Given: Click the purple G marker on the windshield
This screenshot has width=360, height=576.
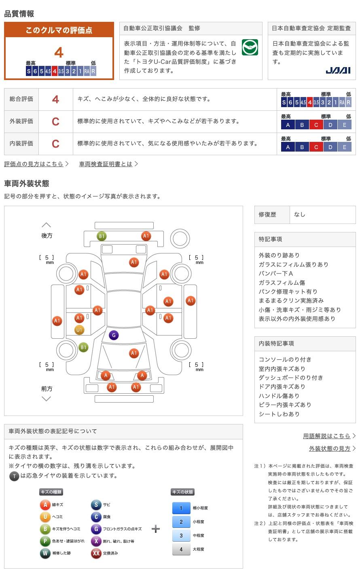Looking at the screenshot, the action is coord(114,335).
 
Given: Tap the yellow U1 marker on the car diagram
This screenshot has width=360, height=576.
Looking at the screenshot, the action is coord(79,330).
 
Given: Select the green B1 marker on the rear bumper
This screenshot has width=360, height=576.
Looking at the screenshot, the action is coord(102,236).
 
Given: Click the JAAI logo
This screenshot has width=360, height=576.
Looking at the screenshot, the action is coord(338,70).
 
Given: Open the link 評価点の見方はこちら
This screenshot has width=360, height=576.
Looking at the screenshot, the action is coord(34,164).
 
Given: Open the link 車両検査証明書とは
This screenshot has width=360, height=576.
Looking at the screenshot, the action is coord(106,164).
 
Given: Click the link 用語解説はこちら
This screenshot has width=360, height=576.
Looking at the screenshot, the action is coord(326,436).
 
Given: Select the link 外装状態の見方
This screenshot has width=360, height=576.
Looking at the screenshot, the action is coord(330,448).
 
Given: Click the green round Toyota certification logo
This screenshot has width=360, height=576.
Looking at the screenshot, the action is coord(250,47).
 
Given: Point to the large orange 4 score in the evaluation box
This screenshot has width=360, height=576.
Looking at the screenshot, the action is coord(59,53).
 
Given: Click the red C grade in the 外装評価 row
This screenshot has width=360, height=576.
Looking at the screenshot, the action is coord(55,122).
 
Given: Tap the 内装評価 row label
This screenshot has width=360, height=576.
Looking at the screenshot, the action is coord(21,143).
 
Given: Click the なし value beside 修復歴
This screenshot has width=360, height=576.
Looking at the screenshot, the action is coord(300,215).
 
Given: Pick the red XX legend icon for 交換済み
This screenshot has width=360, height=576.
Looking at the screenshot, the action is coord(96,553).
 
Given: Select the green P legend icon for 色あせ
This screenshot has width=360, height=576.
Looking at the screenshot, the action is coord(45,541).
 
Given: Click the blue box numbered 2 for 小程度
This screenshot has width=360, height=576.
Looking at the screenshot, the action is coord(181,522).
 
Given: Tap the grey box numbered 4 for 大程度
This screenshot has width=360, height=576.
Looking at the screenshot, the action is coord(181,549).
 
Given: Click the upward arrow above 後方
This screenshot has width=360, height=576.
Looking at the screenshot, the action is coord(47,225).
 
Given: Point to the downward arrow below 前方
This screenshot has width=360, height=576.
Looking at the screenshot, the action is coord(47,399).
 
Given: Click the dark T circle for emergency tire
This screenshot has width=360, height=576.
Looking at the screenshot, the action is coord(15,476).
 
